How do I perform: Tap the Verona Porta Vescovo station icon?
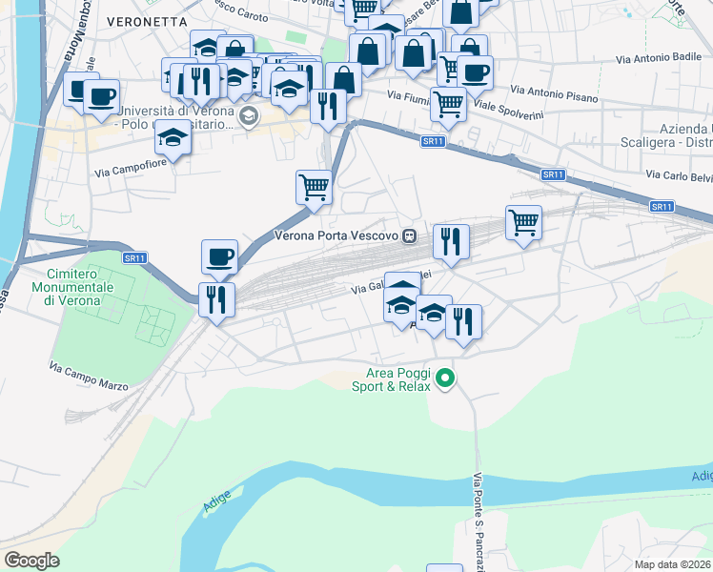(409, 235)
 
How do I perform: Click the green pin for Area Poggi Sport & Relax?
(444, 380)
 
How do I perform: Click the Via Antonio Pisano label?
(554, 93)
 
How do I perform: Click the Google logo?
(31, 560)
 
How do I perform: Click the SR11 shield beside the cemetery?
(134, 257)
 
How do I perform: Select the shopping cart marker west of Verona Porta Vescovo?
(314, 187)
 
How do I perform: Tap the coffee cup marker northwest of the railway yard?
(219, 255)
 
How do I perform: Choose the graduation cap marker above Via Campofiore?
(173, 139)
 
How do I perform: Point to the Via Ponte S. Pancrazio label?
(479, 515)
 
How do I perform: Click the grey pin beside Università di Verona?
(249, 117)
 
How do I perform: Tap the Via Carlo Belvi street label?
(678, 175)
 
